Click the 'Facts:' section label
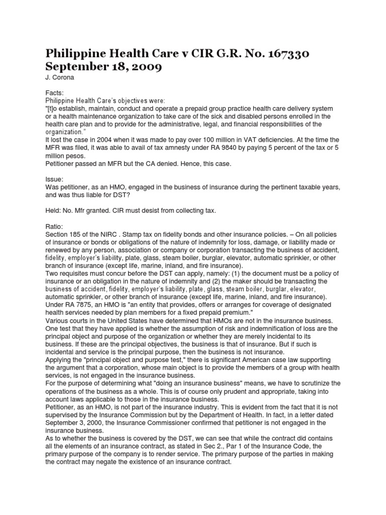coord(55,93)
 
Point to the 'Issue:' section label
coord(55,179)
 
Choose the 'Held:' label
coord(54,210)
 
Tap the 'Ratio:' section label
coord(55,226)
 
